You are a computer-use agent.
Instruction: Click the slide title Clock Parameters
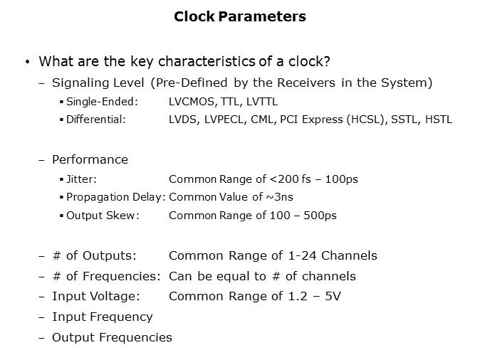point(240,16)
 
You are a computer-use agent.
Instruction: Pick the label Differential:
point(95,120)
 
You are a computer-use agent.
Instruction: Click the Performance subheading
point(90,159)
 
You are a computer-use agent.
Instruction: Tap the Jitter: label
point(81,179)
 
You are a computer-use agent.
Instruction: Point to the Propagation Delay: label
point(115,197)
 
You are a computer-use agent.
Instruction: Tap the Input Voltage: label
point(95,296)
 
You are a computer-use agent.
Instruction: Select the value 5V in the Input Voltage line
point(332,296)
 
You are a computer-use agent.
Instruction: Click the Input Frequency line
point(102,317)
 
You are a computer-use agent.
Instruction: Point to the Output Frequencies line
point(112,337)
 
